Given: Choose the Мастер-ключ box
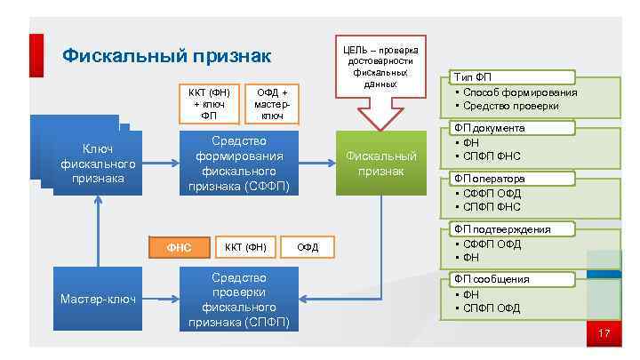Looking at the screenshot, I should [98, 299].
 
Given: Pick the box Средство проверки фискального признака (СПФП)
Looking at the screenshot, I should [238, 299].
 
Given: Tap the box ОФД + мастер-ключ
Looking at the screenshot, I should [272, 103].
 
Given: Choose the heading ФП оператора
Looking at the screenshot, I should [489, 179].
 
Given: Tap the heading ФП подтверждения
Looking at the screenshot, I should [501, 229].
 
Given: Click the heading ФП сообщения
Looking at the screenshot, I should [491, 279].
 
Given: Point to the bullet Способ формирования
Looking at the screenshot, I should [519, 92].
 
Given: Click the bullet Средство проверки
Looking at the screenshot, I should [510, 106].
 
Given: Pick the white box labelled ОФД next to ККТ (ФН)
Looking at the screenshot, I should [308, 246].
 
